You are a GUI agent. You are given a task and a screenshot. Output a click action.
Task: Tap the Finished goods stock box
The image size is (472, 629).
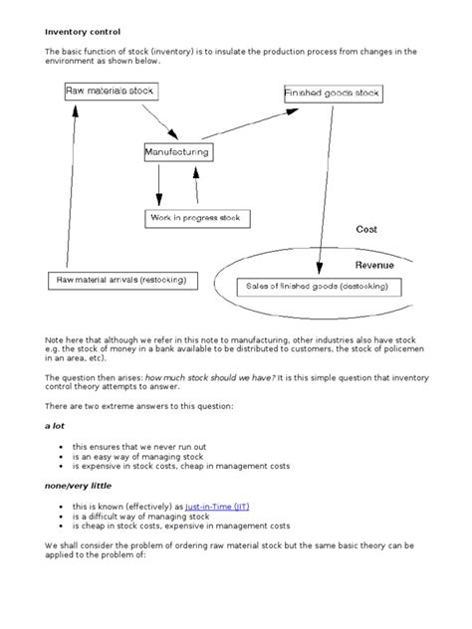point(332,94)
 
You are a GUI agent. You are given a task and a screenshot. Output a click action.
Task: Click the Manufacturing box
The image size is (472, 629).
point(177,152)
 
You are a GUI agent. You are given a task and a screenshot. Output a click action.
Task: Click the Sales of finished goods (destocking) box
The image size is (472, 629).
point(316,287)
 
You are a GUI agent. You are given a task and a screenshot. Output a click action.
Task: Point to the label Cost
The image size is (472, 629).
point(366,230)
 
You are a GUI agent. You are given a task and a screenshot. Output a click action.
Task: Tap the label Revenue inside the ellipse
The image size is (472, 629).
point(375,266)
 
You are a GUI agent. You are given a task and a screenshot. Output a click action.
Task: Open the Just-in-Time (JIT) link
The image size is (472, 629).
point(217,507)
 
